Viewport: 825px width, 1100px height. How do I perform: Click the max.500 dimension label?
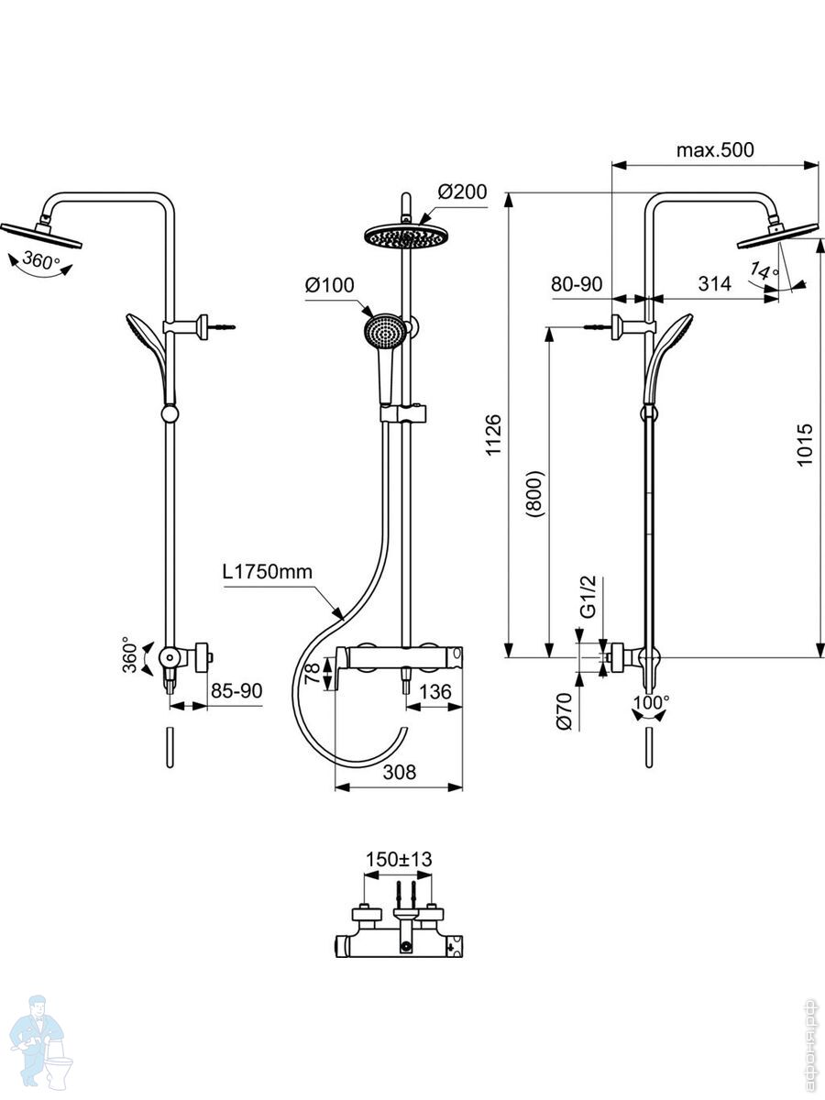pos(715,149)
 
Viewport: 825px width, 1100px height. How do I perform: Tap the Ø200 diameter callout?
pos(462,192)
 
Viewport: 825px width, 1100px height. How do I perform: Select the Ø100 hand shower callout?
pos(330,285)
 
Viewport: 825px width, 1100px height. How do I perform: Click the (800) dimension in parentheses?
pos(534,493)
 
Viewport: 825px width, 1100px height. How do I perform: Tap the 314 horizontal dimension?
pos(715,284)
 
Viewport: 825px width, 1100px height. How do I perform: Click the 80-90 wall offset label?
pos(577,284)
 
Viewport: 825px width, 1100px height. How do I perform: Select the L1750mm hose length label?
pos(268,572)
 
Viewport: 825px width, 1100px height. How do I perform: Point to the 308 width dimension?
pos(400,772)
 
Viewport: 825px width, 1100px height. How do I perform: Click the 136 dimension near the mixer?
pos(435,692)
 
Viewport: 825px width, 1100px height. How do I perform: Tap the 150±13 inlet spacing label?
pos(399,860)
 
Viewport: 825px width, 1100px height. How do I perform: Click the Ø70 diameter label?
pos(564,711)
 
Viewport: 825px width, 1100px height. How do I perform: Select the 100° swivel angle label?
pos(651,702)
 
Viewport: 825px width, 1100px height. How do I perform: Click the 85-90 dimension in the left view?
pos(236,691)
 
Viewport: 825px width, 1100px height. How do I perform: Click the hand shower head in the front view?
pos(383,332)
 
